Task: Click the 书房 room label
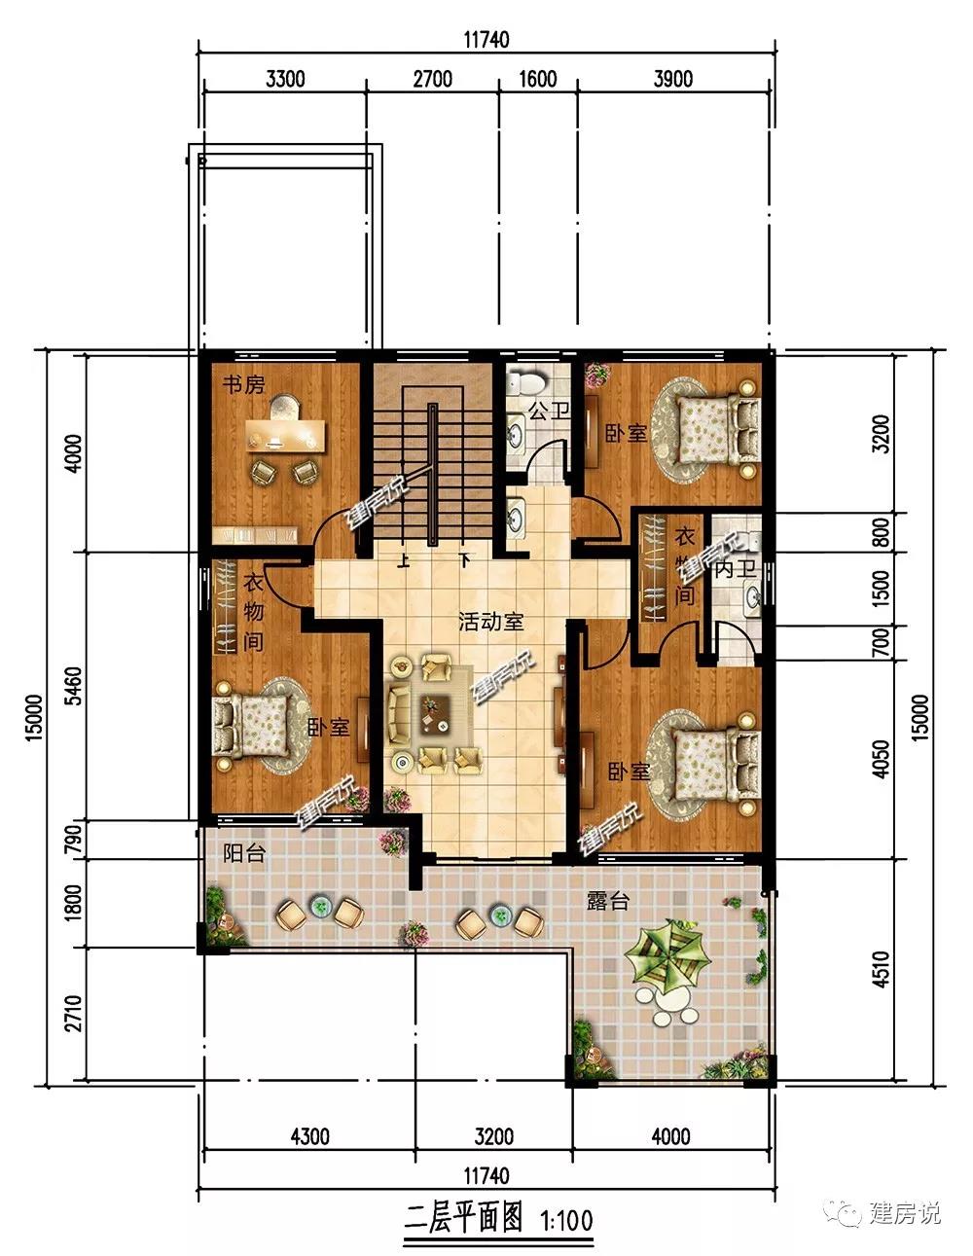[243, 383]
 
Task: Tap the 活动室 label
[491, 622]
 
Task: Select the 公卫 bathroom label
[549, 412]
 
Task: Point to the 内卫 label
[735, 569]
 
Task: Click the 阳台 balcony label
[244, 852]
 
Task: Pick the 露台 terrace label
[608, 901]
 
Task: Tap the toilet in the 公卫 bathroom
[526, 382]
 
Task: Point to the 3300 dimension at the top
[285, 79]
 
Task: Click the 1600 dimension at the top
[538, 79]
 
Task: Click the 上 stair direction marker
[403, 560]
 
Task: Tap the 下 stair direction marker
[464, 560]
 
